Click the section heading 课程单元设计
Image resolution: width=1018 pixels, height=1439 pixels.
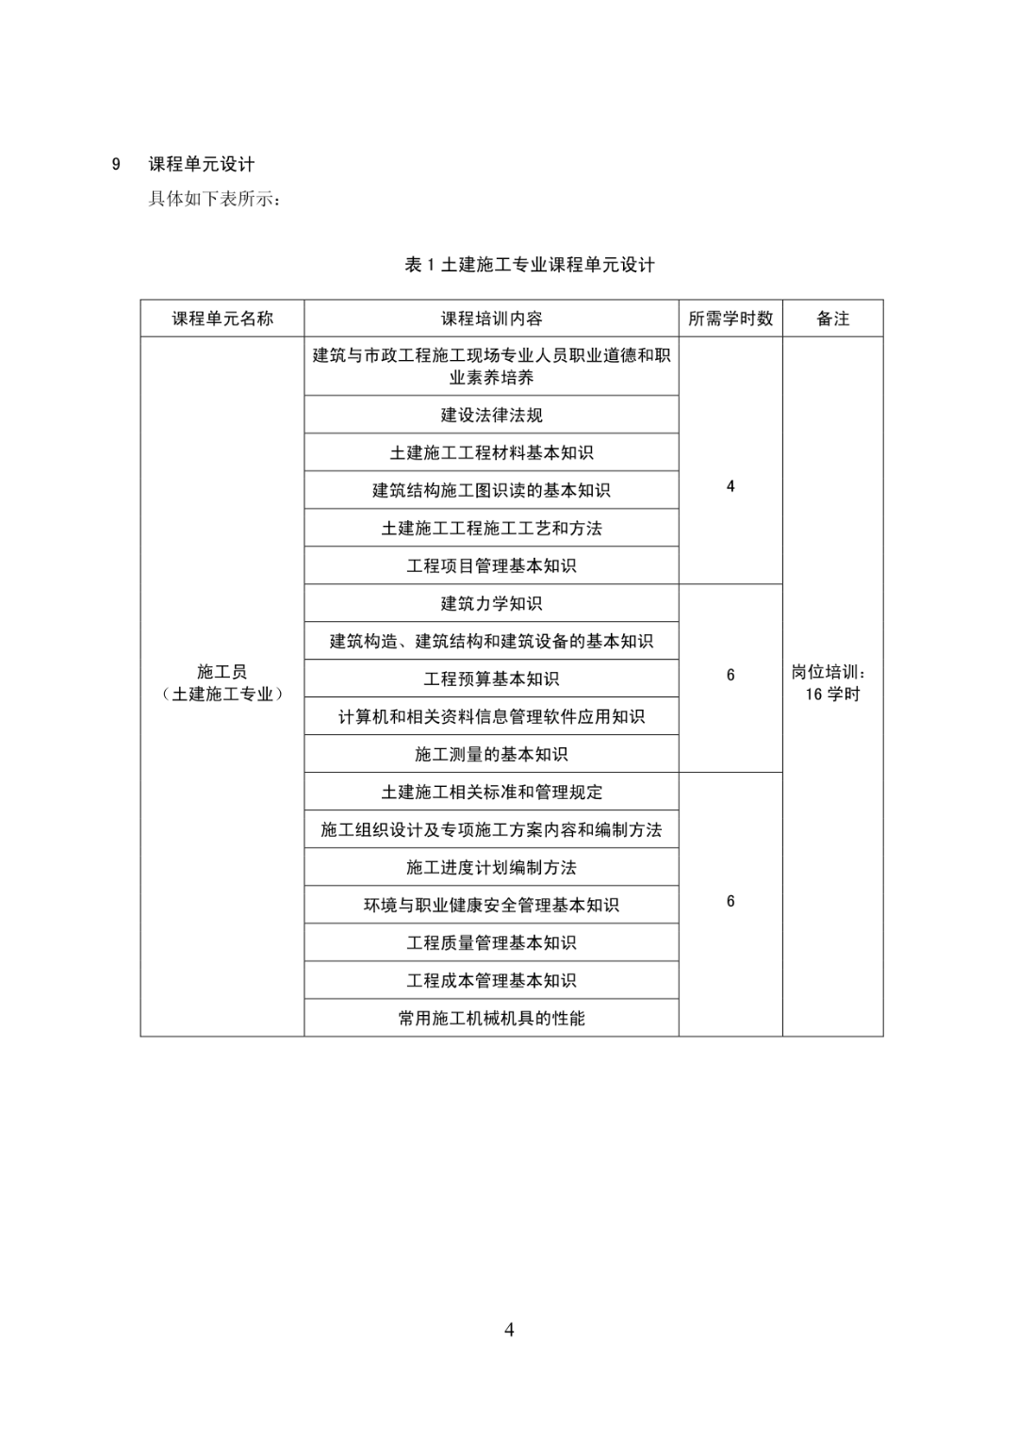tap(202, 165)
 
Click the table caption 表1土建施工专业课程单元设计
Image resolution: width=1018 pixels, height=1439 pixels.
tap(530, 265)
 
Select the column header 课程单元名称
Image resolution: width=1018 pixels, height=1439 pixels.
tap(222, 319)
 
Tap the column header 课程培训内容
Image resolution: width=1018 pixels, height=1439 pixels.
tap(492, 319)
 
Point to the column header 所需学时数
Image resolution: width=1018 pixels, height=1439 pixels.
tap(731, 319)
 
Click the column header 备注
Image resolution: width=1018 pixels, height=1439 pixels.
tap(833, 319)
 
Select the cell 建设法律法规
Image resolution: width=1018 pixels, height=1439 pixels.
tap(492, 415)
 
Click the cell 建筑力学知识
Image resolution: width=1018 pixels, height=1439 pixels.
tap(492, 603)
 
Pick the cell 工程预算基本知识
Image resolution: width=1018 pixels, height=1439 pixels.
tap(492, 679)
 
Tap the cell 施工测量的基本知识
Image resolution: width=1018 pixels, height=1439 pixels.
tap(492, 754)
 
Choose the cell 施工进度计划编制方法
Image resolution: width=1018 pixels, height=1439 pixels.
tap(492, 867)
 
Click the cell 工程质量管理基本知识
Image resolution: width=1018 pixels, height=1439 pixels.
tap(492, 942)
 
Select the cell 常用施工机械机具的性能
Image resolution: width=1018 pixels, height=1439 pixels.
tap(492, 1018)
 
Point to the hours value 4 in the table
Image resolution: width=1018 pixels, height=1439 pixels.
tap(731, 486)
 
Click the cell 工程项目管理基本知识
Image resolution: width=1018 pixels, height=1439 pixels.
tap(492, 566)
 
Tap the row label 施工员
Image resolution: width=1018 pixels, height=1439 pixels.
tap(222, 672)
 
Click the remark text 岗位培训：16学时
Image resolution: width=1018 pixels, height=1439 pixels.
tap(833, 683)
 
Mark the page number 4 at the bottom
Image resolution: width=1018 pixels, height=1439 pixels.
tap(509, 1329)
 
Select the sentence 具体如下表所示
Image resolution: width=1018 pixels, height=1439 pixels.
tap(210, 199)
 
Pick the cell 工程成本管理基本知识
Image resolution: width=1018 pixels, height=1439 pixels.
tap(492, 980)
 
